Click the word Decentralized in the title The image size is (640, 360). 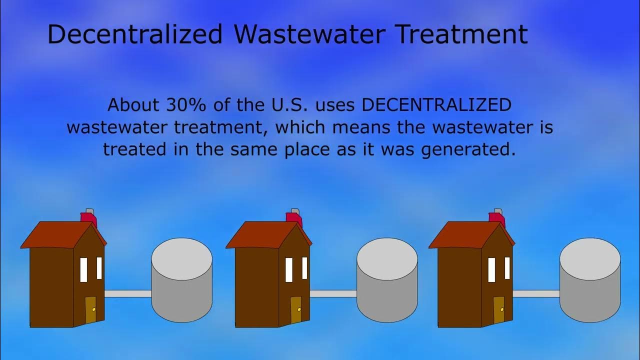pos(134,34)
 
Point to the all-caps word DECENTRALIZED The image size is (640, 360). pos(436,105)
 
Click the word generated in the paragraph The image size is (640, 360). pos(467,149)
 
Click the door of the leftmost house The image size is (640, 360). pos(90,310)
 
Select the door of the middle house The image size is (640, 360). pos(296,310)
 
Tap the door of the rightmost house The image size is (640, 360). pos(499,310)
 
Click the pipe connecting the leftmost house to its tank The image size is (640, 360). pos(128,294)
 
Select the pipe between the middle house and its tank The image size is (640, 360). pos(333,294)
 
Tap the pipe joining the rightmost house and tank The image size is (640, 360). pos(536,294)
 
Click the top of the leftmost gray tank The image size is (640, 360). pos(182,259)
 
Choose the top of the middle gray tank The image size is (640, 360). pos(387,259)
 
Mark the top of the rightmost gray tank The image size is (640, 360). pos(590,259)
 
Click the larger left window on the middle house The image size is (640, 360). pos(289,270)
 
